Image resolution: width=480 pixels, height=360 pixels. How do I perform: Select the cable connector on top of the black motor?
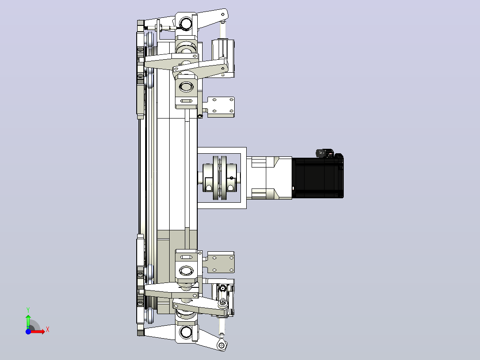point(325,153)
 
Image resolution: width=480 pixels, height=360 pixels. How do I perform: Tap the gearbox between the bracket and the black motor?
point(269,178)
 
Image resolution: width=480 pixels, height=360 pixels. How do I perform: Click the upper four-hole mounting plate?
point(221,107)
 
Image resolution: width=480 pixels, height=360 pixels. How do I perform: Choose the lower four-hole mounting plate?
point(221,262)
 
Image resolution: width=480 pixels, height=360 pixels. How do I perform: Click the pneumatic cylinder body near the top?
point(223,58)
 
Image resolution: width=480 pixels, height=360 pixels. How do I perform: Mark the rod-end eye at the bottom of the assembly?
point(222,345)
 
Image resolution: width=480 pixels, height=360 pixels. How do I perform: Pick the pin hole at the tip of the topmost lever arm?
point(223,14)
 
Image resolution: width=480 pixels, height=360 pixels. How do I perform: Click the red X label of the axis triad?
point(48,330)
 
